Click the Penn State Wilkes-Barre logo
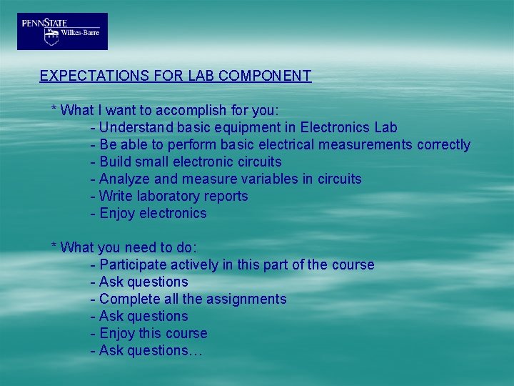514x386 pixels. [62, 31]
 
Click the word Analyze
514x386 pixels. [124, 179]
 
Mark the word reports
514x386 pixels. [226, 196]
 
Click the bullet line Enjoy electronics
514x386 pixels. [148, 213]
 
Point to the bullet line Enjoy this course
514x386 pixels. [148, 333]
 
